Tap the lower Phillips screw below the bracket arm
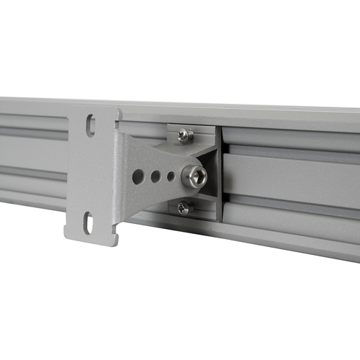pyautogui.click(x=184, y=208)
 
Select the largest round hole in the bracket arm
pyautogui.click(x=138, y=176)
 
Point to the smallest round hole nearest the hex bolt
pyautogui.click(x=171, y=175)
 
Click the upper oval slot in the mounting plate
pyautogui.click(x=91, y=125)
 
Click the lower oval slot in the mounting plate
pyautogui.click(x=88, y=222)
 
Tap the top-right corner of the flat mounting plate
pyautogui.click(x=120, y=109)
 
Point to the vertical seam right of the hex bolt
pyautogui.click(x=221, y=173)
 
